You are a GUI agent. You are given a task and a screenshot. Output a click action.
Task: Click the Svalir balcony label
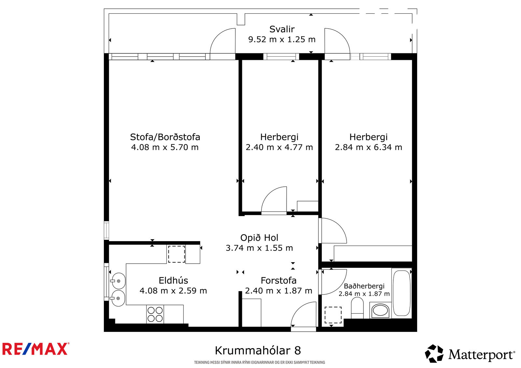(x=282, y=29)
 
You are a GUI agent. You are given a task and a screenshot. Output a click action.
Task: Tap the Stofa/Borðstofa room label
(x=165, y=137)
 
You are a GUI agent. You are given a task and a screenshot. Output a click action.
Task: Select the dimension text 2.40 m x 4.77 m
(x=279, y=147)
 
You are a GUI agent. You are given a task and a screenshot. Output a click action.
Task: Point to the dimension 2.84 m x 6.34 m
(x=368, y=147)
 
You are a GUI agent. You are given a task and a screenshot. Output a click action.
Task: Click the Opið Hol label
(x=259, y=238)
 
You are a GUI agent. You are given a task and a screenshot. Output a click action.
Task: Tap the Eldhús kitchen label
(x=173, y=280)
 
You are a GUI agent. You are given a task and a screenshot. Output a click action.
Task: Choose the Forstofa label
(x=278, y=280)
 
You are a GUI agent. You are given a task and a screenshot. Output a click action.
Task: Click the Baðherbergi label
(x=364, y=286)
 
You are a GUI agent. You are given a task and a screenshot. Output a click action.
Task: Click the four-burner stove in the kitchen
(x=155, y=314)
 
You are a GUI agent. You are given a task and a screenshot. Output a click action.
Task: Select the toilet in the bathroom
(x=357, y=308)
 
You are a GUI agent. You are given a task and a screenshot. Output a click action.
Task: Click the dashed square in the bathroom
(x=333, y=315)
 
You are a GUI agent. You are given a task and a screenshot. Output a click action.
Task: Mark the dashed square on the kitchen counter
(x=176, y=254)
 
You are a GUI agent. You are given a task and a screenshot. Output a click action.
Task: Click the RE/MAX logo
(x=36, y=349)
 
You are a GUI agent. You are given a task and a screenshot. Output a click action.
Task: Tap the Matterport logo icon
(x=434, y=354)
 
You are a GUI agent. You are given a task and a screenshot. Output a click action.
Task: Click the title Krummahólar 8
(x=258, y=350)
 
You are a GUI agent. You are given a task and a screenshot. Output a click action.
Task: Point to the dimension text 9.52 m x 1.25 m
(x=282, y=39)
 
